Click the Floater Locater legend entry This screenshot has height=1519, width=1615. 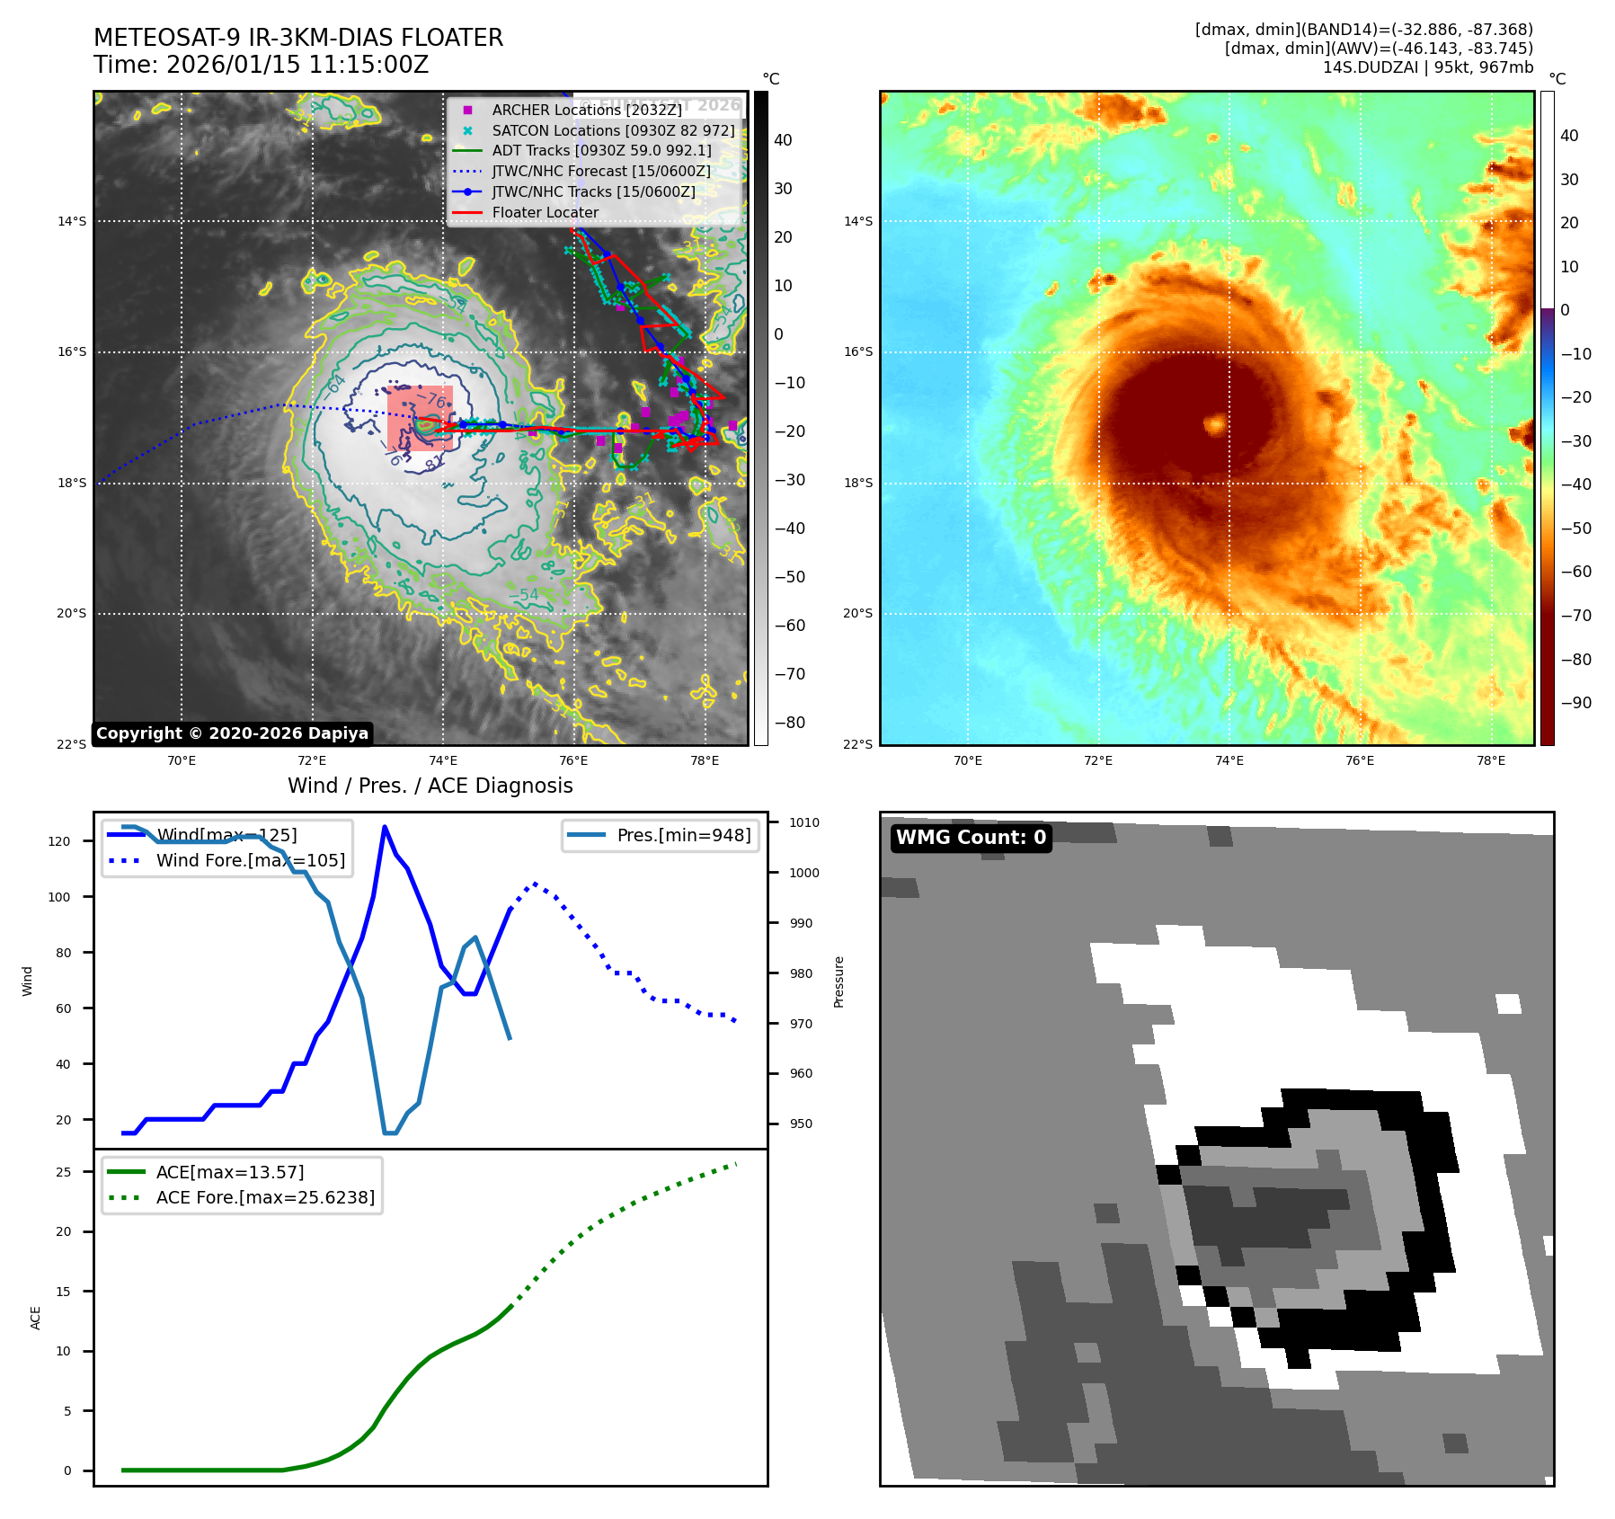(545, 213)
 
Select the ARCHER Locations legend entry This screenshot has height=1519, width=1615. (586, 110)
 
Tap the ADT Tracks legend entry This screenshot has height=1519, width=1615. (601, 151)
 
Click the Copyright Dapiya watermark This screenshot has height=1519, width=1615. (232, 733)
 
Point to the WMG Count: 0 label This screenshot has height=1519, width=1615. (971, 838)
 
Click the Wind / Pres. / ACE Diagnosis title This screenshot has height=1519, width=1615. (430, 786)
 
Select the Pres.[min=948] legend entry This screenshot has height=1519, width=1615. (683, 835)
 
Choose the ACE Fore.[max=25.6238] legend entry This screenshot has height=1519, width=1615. (265, 1197)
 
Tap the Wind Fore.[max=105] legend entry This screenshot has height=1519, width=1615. (250, 860)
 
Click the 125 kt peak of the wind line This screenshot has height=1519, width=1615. (385, 827)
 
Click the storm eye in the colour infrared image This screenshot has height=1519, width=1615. (1215, 422)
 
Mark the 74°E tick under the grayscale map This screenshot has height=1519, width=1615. (443, 761)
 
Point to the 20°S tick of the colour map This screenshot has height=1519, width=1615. (857, 614)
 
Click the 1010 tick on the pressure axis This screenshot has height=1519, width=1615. (803, 822)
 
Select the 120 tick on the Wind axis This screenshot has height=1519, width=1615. (59, 841)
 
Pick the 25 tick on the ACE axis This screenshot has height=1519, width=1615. (63, 1172)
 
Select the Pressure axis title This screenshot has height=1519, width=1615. (839, 982)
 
